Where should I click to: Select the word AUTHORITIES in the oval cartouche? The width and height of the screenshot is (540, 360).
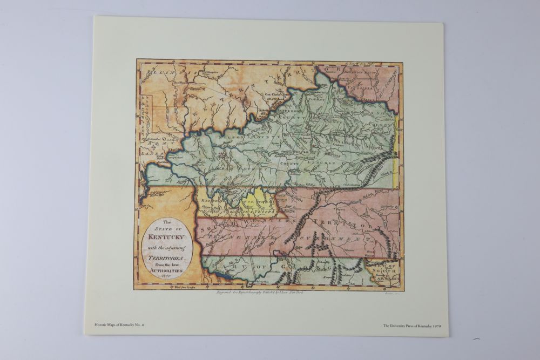167,270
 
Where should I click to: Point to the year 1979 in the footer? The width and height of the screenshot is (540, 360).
434,325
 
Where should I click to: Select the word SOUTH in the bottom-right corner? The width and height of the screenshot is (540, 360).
385,270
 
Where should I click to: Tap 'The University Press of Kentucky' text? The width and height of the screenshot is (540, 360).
403,325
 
